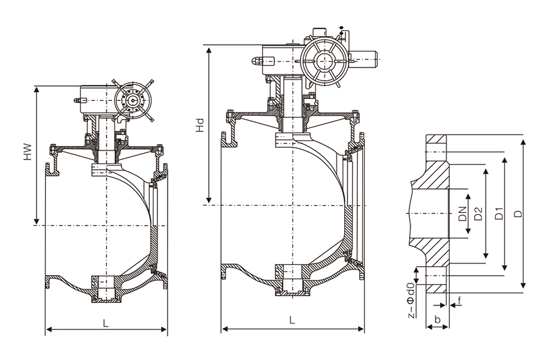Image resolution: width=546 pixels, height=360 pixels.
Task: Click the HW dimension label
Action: click(28, 152)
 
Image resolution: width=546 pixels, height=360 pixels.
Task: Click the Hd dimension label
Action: click(200, 125)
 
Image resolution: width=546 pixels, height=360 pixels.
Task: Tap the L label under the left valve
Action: click(106, 323)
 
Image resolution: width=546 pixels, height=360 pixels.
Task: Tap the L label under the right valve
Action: click(292, 320)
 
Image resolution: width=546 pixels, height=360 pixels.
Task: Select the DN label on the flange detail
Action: click(462, 213)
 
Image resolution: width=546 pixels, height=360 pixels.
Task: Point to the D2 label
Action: click(479, 213)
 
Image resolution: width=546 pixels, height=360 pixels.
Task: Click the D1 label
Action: click(499, 213)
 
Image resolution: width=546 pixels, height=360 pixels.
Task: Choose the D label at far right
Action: click(518, 213)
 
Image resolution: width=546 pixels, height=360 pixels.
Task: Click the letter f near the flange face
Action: click(460, 301)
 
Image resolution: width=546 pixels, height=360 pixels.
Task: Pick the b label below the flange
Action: click(437, 319)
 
